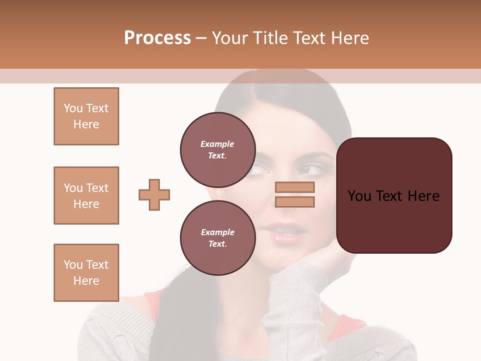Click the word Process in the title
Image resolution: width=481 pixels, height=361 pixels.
pyautogui.click(x=157, y=38)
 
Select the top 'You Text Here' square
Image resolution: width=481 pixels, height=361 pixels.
pyautogui.click(x=86, y=116)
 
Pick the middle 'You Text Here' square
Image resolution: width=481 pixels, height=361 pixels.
pyautogui.click(x=86, y=196)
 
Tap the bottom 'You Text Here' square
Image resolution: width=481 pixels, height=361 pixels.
pyautogui.click(x=86, y=273)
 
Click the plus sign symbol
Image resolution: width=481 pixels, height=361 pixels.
pyautogui.click(x=154, y=195)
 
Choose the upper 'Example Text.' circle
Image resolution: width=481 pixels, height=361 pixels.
pyautogui.click(x=217, y=149)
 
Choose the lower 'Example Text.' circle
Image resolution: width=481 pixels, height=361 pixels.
pyautogui.click(x=217, y=238)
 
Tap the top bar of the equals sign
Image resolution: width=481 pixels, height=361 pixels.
pyautogui.click(x=295, y=187)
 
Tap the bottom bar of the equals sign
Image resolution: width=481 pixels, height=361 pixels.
pyautogui.click(x=295, y=202)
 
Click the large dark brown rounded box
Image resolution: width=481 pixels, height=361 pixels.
pyautogui.click(x=394, y=196)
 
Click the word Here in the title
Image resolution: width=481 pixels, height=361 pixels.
pyautogui.click(x=351, y=38)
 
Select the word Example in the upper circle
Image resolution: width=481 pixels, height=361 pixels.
pyautogui.click(x=217, y=144)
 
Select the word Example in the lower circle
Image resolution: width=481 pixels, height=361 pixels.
pyautogui.click(x=217, y=232)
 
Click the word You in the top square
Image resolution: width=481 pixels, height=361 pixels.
pyautogui.click(x=73, y=108)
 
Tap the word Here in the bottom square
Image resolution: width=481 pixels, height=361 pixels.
pyautogui.click(x=86, y=281)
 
